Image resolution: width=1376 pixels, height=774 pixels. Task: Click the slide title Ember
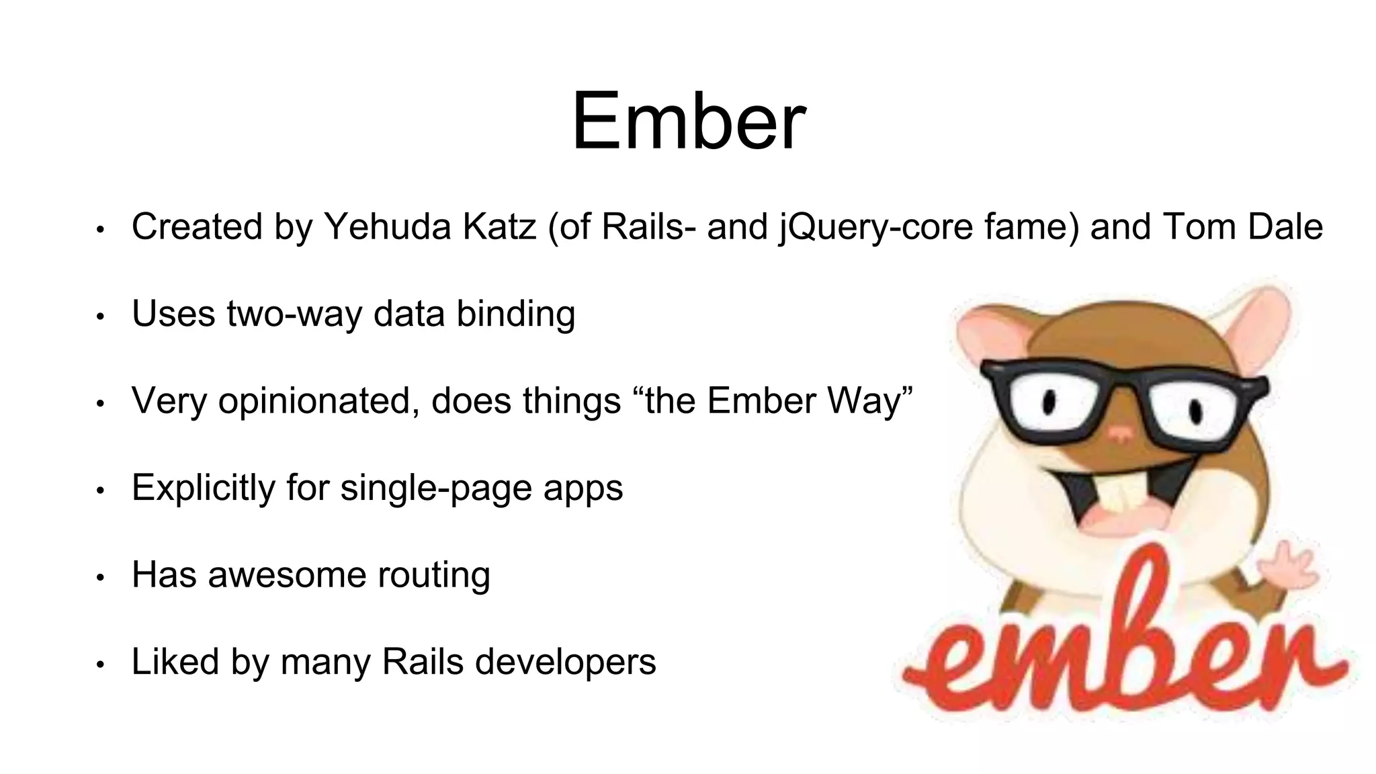688,122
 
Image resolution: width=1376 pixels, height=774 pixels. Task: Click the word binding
515,314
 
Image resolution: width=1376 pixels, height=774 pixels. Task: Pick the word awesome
287,575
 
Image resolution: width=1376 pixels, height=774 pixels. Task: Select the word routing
433,575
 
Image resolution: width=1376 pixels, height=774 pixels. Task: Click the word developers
565,662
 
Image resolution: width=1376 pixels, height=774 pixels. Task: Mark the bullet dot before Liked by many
100,664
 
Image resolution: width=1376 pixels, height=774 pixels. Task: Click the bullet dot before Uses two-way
100,316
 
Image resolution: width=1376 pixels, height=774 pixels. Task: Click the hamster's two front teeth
1121,497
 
